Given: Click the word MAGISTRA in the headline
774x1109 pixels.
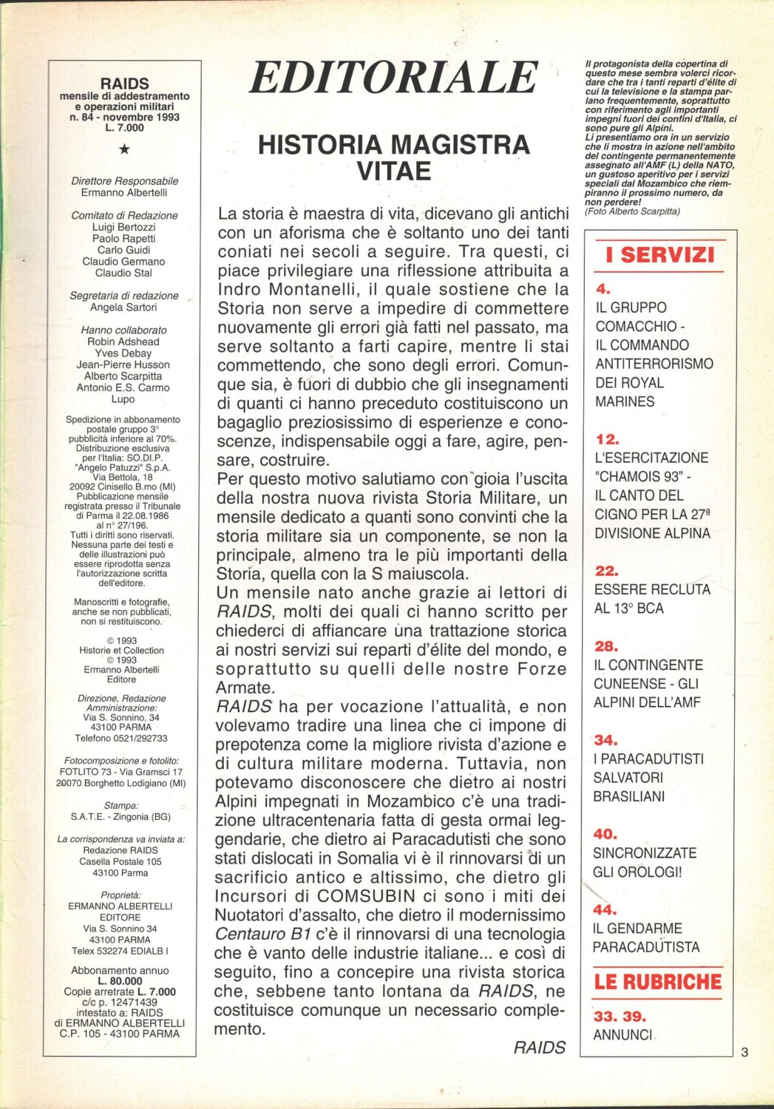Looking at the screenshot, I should [458, 144].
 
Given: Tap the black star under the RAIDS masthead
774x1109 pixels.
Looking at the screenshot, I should [124, 149].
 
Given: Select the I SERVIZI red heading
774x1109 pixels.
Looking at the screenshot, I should [659, 255].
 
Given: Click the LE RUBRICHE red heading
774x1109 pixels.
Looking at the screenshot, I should [657, 982].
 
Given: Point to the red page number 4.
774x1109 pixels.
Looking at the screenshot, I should [603, 289].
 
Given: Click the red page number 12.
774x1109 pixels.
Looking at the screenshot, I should [607, 439].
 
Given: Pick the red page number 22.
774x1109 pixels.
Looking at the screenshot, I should [606, 571].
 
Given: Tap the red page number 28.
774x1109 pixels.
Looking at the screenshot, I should [606, 646].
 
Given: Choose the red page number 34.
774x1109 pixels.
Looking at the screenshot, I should [605, 740].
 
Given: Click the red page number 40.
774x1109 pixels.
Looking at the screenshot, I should [605, 834].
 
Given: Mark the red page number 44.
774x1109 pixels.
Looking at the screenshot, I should [604, 909].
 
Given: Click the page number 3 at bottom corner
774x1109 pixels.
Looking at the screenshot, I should [744, 1052].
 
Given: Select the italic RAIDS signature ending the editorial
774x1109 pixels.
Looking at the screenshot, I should [539, 1047].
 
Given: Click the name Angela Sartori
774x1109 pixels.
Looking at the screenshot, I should [123, 308].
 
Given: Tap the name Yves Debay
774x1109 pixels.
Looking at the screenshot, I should [123, 353].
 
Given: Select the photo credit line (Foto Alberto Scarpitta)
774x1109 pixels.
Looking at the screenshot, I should [632, 211].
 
